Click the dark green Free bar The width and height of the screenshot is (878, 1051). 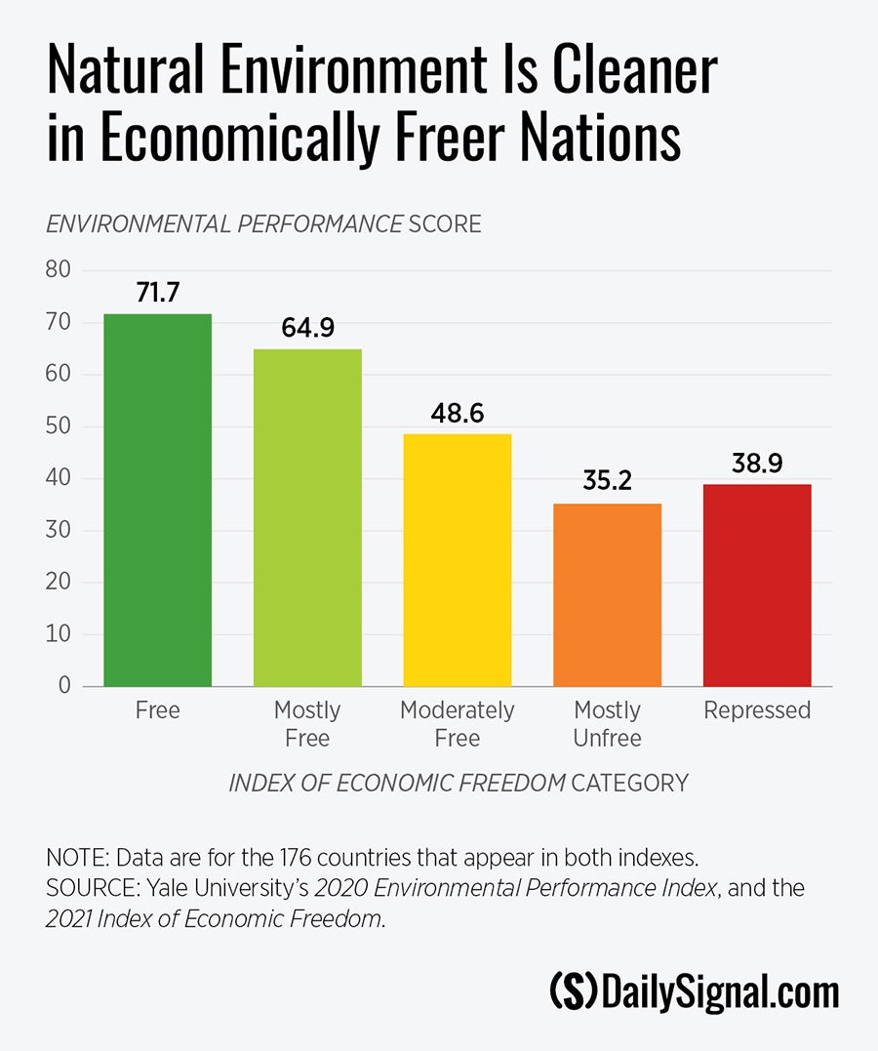point(158,500)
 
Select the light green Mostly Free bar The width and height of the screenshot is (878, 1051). point(307,517)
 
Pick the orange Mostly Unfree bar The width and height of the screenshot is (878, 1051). point(607,594)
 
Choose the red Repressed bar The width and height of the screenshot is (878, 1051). point(757,585)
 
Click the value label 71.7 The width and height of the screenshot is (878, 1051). point(158,293)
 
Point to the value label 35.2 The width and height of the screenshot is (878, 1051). point(607,482)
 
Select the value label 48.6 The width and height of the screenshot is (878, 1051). point(458,413)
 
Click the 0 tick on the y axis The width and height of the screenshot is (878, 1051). point(64,686)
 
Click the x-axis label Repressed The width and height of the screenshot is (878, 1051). point(757,710)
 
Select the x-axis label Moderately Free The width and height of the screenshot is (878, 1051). point(458,724)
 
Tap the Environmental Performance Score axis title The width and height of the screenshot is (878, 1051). point(263,224)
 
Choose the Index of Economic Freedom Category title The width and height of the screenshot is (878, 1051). point(458,783)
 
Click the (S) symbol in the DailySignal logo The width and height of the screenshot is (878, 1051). point(574,992)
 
